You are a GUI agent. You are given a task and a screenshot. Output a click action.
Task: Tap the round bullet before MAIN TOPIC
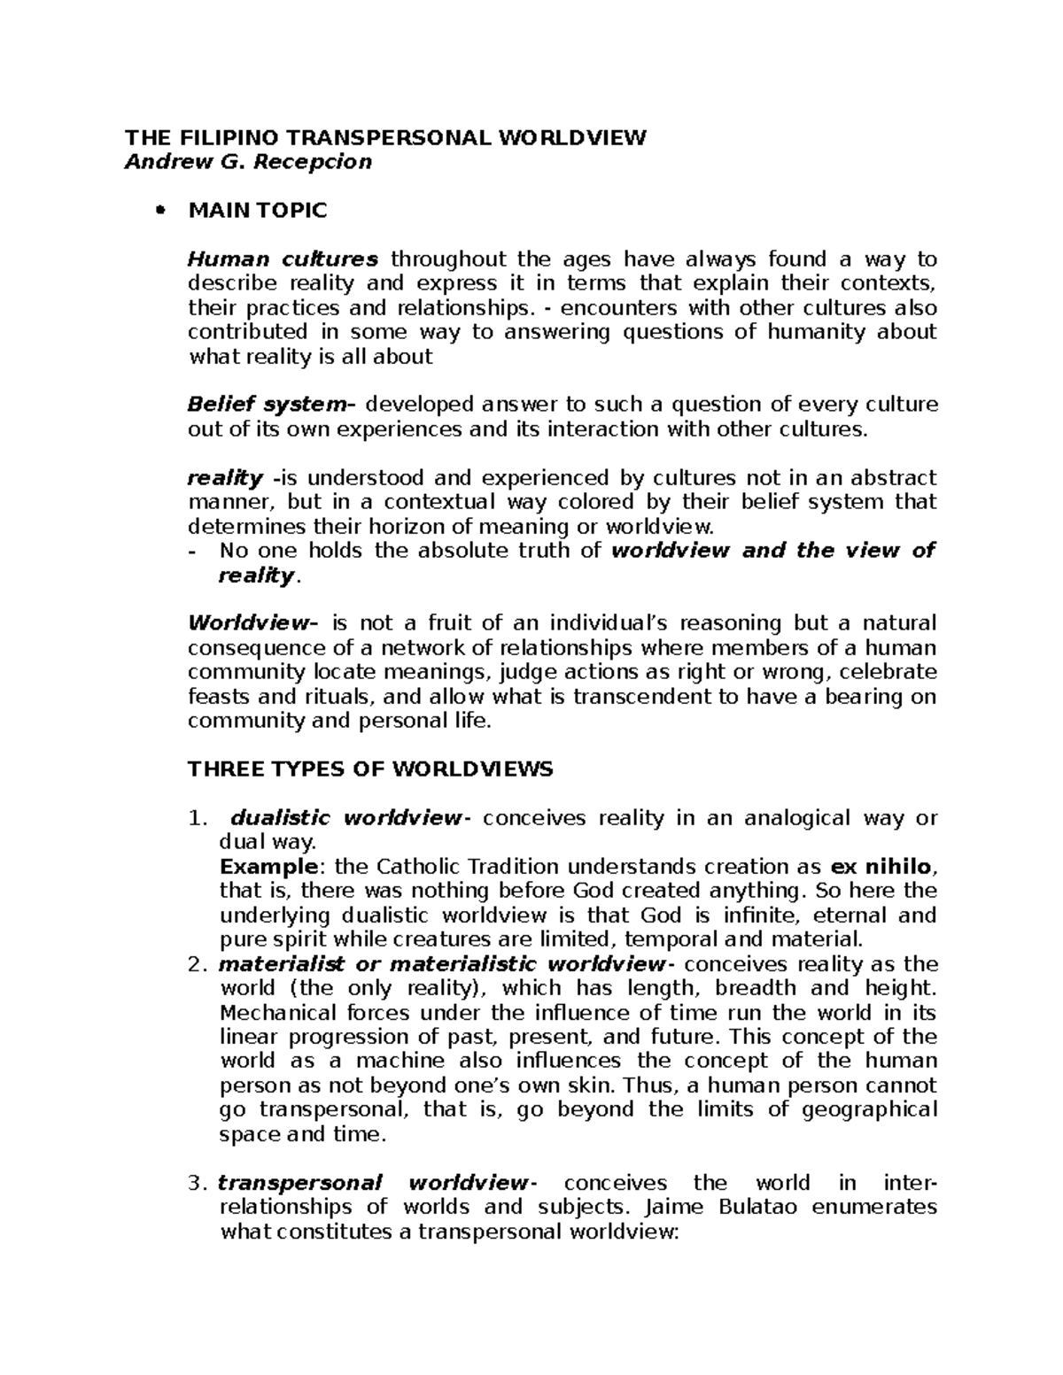coord(160,211)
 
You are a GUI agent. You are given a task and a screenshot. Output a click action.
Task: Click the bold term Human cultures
coord(283,259)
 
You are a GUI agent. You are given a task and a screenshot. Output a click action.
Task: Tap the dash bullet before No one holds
coord(193,551)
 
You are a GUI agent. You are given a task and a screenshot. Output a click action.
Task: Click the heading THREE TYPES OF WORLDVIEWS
coord(370,769)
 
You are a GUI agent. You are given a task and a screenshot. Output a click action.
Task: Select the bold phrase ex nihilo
coord(882,866)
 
